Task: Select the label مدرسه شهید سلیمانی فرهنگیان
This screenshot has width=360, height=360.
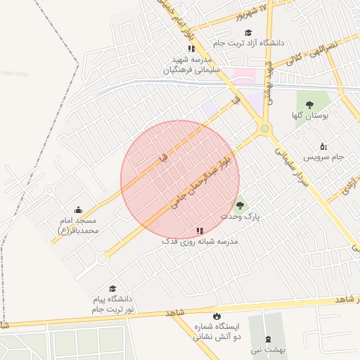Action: tap(192, 65)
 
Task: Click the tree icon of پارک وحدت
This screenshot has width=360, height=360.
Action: tap(240, 205)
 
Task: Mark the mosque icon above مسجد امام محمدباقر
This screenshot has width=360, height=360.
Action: tap(78, 210)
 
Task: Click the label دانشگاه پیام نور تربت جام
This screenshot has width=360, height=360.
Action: tap(112, 304)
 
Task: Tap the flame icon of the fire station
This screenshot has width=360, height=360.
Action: tap(216, 316)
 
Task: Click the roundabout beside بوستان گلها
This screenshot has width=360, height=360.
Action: tap(264, 128)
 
